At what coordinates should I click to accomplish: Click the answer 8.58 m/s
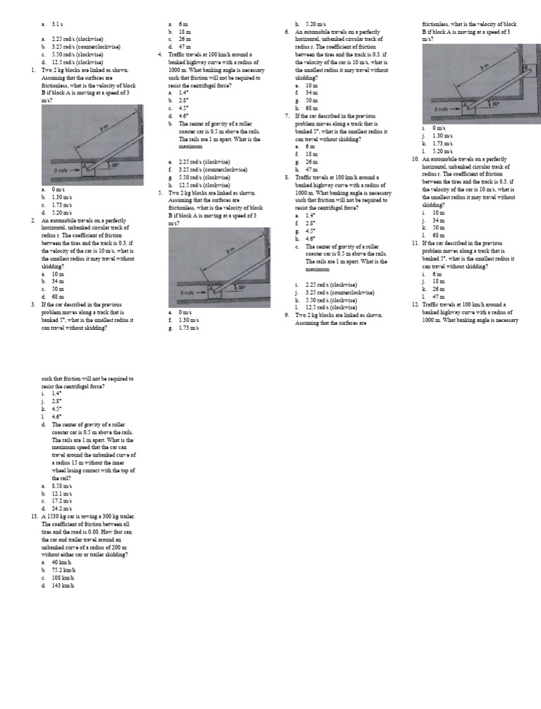click(x=61, y=486)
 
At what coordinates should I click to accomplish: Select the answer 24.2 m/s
click(x=61, y=509)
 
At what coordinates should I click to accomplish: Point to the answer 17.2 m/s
click(x=61, y=501)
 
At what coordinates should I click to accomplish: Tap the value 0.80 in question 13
click(x=90, y=531)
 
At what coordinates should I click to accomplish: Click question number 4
click(x=161, y=54)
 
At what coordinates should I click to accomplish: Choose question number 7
click(x=287, y=116)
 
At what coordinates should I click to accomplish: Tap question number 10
click(x=415, y=159)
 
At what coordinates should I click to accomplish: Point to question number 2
click(x=34, y=220)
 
